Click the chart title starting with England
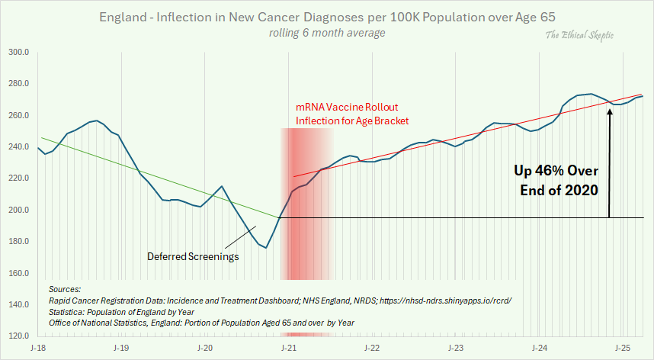point(327,17)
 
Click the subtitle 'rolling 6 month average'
point(327,33)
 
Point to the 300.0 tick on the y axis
point(19,53)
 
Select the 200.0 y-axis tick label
point(19,211)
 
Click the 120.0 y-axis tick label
point(19,336)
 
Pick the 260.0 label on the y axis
point(19,116)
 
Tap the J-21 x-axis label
point(288,347)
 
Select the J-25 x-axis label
point(624,347)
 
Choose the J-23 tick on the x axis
point(456,347)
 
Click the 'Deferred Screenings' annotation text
point(193,256)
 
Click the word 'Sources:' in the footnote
point(64,291)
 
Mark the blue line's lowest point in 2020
point(266,248)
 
